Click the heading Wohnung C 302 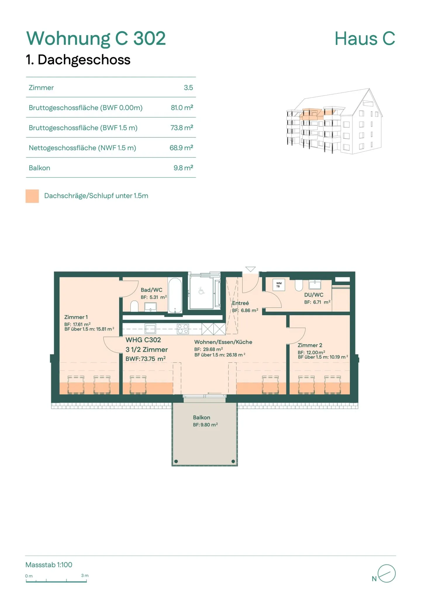click(96, 38)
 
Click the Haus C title click(365, 38)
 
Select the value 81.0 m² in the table click(182, 107)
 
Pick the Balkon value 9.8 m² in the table click(183, 168)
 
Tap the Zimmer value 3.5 click(188, 88)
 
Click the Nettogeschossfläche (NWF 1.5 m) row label click(82, 148)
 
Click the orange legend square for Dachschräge click(32, 196)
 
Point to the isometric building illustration click(334, 121)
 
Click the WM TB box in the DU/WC click(278, 285)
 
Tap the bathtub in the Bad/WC click(175, 295)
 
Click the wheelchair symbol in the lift click(201, 291)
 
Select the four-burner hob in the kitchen click(183, 329)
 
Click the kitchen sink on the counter click(150, 329)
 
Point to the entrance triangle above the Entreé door click(251, 269)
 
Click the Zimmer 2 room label click(310, 345)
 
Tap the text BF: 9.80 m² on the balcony click(205, 424)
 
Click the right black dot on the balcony click(233, 461)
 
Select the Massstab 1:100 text click(49, 565)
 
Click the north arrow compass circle click(386, 573)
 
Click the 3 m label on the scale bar click(85, 576)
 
